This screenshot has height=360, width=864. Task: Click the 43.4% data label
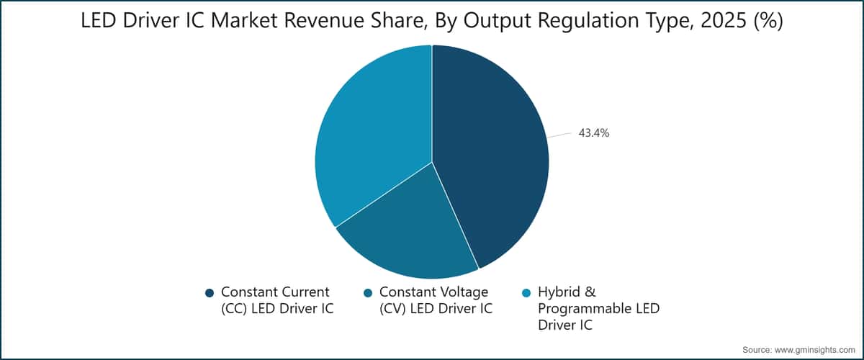594,132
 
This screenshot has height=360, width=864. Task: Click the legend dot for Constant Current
210,292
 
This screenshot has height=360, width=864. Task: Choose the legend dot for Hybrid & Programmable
526,292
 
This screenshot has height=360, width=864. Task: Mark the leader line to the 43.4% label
559,135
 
